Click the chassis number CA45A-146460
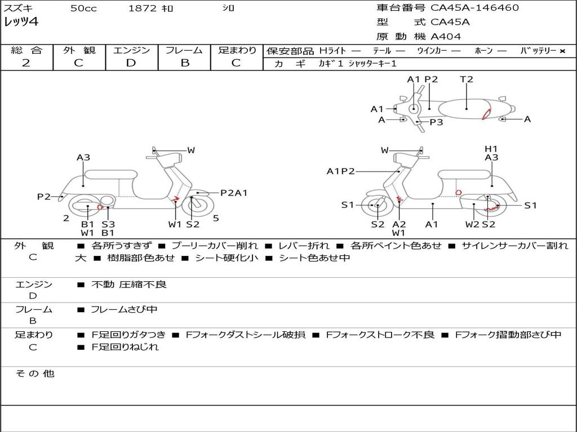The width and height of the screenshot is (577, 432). [474, 8]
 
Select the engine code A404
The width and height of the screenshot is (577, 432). [446, 37]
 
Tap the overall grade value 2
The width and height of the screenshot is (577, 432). [26, 63]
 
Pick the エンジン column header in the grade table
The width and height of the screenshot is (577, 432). [131, 50]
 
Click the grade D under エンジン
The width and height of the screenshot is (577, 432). [131, 63]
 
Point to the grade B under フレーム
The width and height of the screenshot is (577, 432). [184, 63]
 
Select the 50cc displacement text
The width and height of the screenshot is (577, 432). [83, 8]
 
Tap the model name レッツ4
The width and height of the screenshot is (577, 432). [21, 22]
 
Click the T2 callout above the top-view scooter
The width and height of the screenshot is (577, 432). [467, 79]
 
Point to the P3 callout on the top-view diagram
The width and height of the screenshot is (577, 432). [436, 121]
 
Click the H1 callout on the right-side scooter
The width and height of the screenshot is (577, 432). [491, 148]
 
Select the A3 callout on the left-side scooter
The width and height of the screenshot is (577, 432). [83, 157]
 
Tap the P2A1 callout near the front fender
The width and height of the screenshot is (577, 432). [234, 193]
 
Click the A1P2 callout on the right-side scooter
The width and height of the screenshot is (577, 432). [340, 171]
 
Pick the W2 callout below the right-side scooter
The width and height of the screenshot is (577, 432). [472, 224]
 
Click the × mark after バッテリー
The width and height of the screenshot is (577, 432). [562, 51]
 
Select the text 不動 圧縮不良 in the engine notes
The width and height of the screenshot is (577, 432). [129, 285]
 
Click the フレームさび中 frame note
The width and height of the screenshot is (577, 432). [124, 309]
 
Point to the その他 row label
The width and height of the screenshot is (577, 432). [34, 373]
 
